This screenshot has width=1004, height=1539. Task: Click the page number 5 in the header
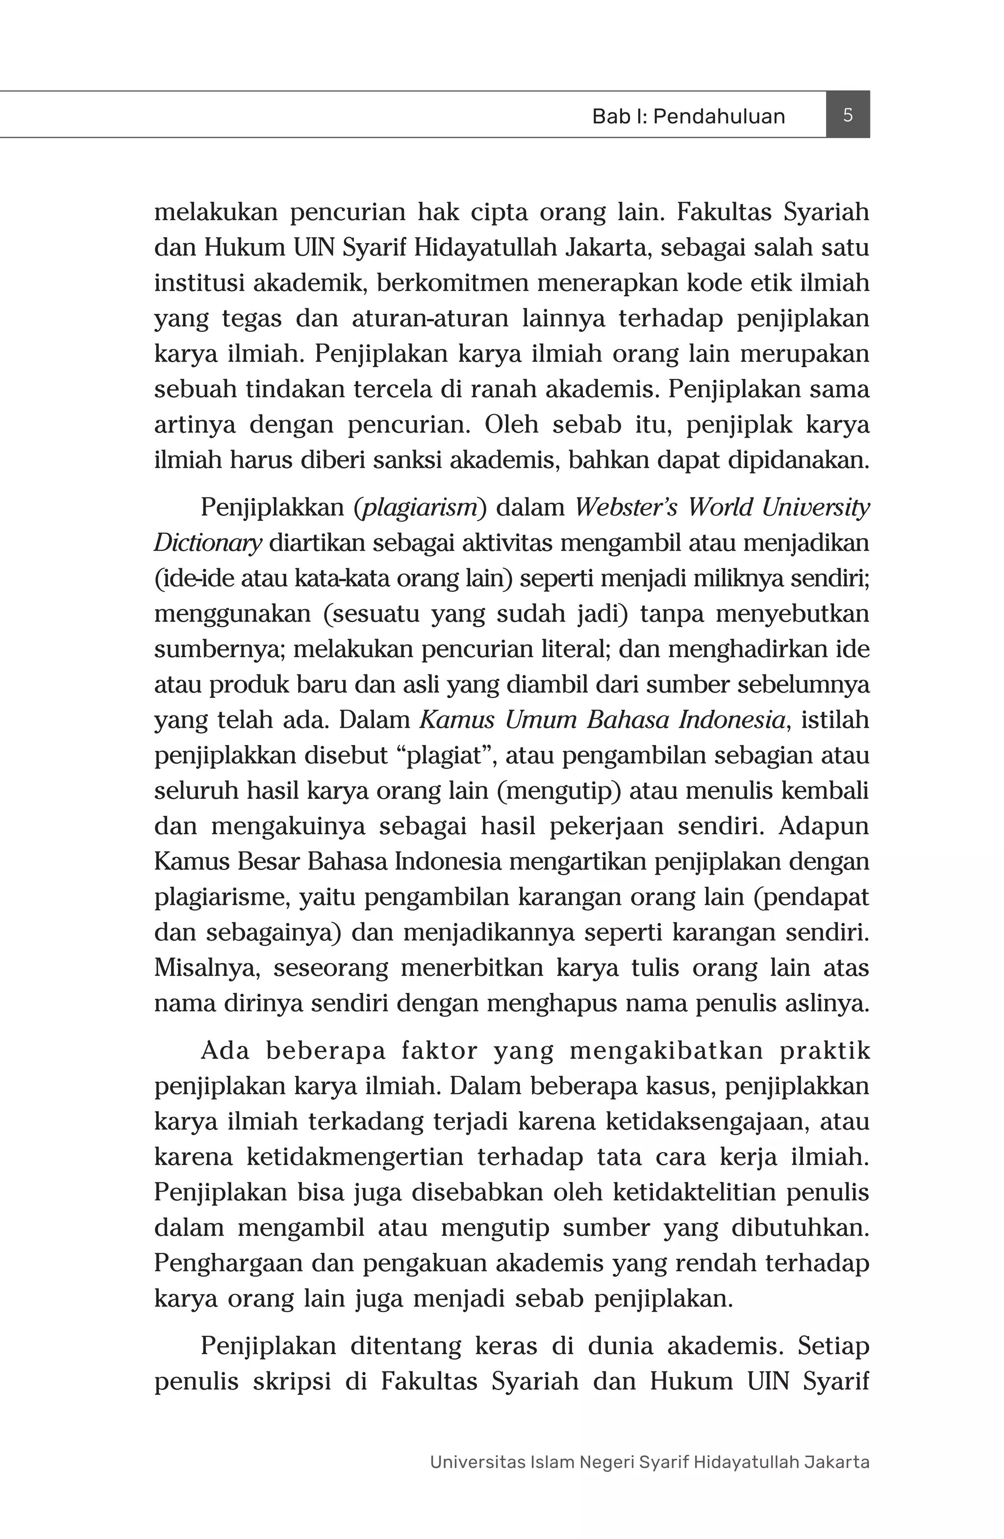coord(848,115)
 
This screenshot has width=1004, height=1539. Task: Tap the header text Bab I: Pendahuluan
coord(688,116)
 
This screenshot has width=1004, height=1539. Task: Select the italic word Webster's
coord(626,508)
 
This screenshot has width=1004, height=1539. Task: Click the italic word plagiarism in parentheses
coord(420,508)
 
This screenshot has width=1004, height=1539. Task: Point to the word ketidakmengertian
coord(354,1156)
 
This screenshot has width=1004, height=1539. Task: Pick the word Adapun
coord(824,826)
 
